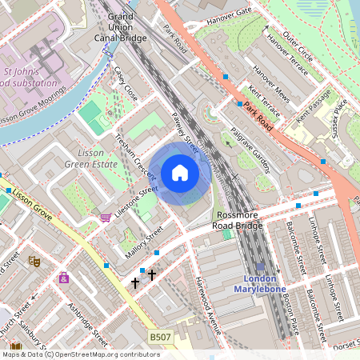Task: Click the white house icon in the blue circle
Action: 180,173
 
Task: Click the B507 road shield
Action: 160,338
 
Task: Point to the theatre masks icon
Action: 34,261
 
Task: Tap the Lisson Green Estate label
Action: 97,158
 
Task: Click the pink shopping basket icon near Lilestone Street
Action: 105,217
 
